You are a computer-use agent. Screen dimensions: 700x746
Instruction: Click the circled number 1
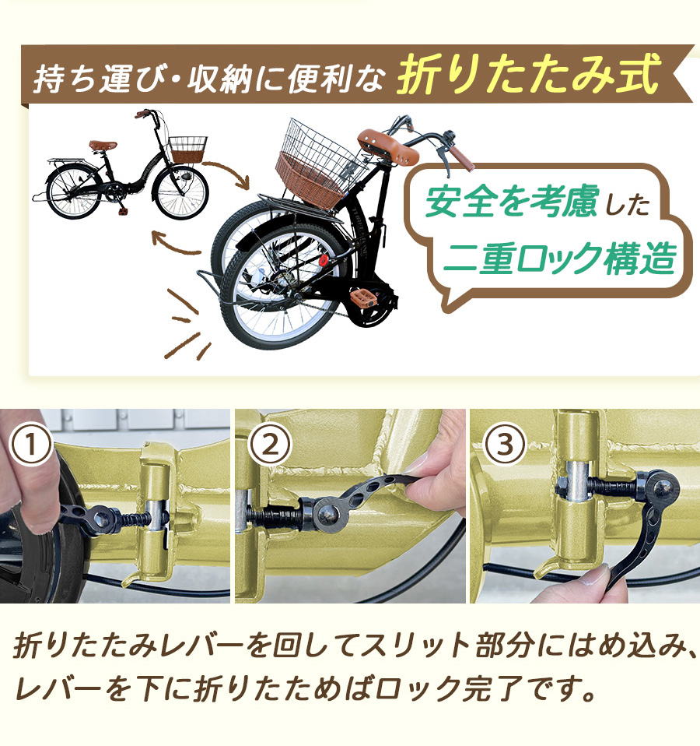(30, 445)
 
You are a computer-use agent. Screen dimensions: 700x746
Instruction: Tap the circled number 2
(270, 445)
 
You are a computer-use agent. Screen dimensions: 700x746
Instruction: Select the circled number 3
(505, 445)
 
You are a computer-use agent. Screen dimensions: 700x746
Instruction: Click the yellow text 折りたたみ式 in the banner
(528, 74)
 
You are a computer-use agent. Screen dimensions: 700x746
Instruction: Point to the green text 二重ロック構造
(559, 258)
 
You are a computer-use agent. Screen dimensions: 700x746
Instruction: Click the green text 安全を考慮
(511, 201)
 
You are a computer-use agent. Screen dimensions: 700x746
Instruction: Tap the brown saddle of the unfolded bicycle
(103, 145)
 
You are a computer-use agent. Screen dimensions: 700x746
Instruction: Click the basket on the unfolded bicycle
(187, 150)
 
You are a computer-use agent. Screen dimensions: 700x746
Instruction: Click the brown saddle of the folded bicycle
(388, 147)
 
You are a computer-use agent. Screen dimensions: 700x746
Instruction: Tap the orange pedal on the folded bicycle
(363, 298)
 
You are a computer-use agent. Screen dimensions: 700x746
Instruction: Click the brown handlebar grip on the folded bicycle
(461, 158)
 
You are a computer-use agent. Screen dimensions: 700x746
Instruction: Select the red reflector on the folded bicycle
(324, 260)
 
